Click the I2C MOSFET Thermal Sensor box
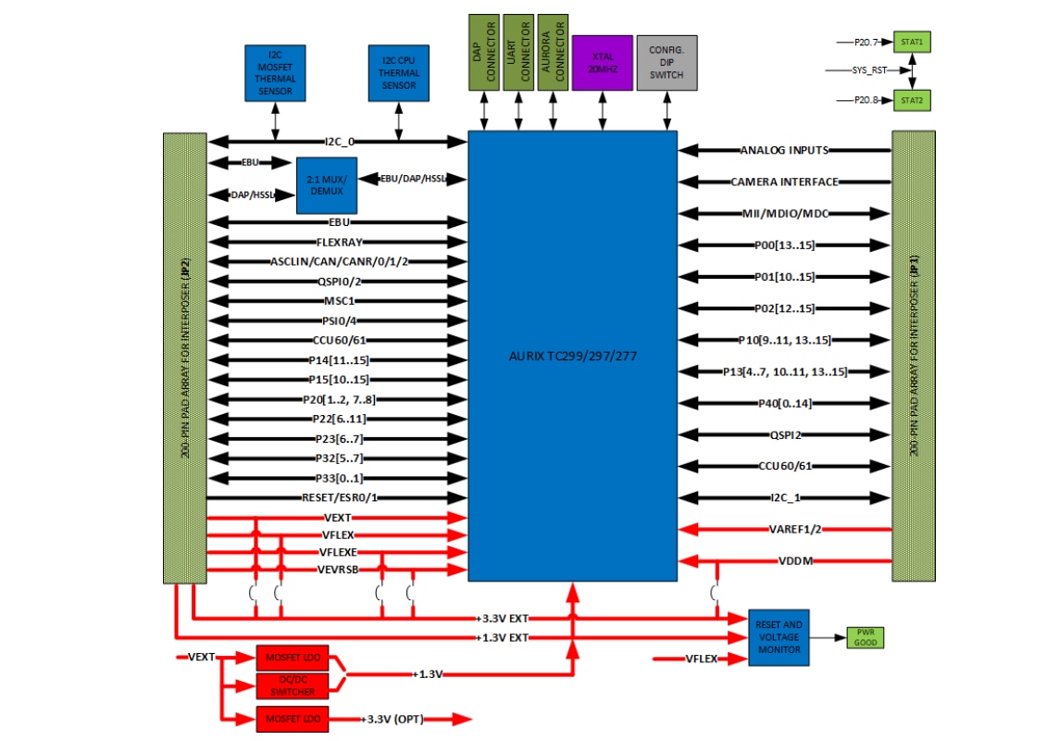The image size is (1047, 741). (x=275, y=73)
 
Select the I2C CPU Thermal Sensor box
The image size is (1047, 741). (x=399, y=73)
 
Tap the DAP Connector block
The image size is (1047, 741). (x=483, y=52)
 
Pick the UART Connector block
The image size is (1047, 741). (x=517, y=52)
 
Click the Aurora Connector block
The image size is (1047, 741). (x=552, y=52)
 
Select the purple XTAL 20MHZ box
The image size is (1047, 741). (x=603, y=62)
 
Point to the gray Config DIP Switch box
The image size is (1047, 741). (x=667, y=62)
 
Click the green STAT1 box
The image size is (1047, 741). (x=911, y=43)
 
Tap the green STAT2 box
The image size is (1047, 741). (x=911, y=99)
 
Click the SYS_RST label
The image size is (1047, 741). (x=869, y=70)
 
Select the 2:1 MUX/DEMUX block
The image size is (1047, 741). (x=327, y=185)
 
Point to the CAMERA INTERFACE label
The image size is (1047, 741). (x=784, y=182)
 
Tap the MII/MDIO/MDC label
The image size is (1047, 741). (x=785, y=214)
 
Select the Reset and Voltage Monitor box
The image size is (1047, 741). (x=779, y=637)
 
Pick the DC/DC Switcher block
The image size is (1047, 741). (x=292, y=686)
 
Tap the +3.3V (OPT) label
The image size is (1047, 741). (x=392, y=719)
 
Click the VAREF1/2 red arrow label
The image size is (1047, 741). (x=794, y=529)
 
